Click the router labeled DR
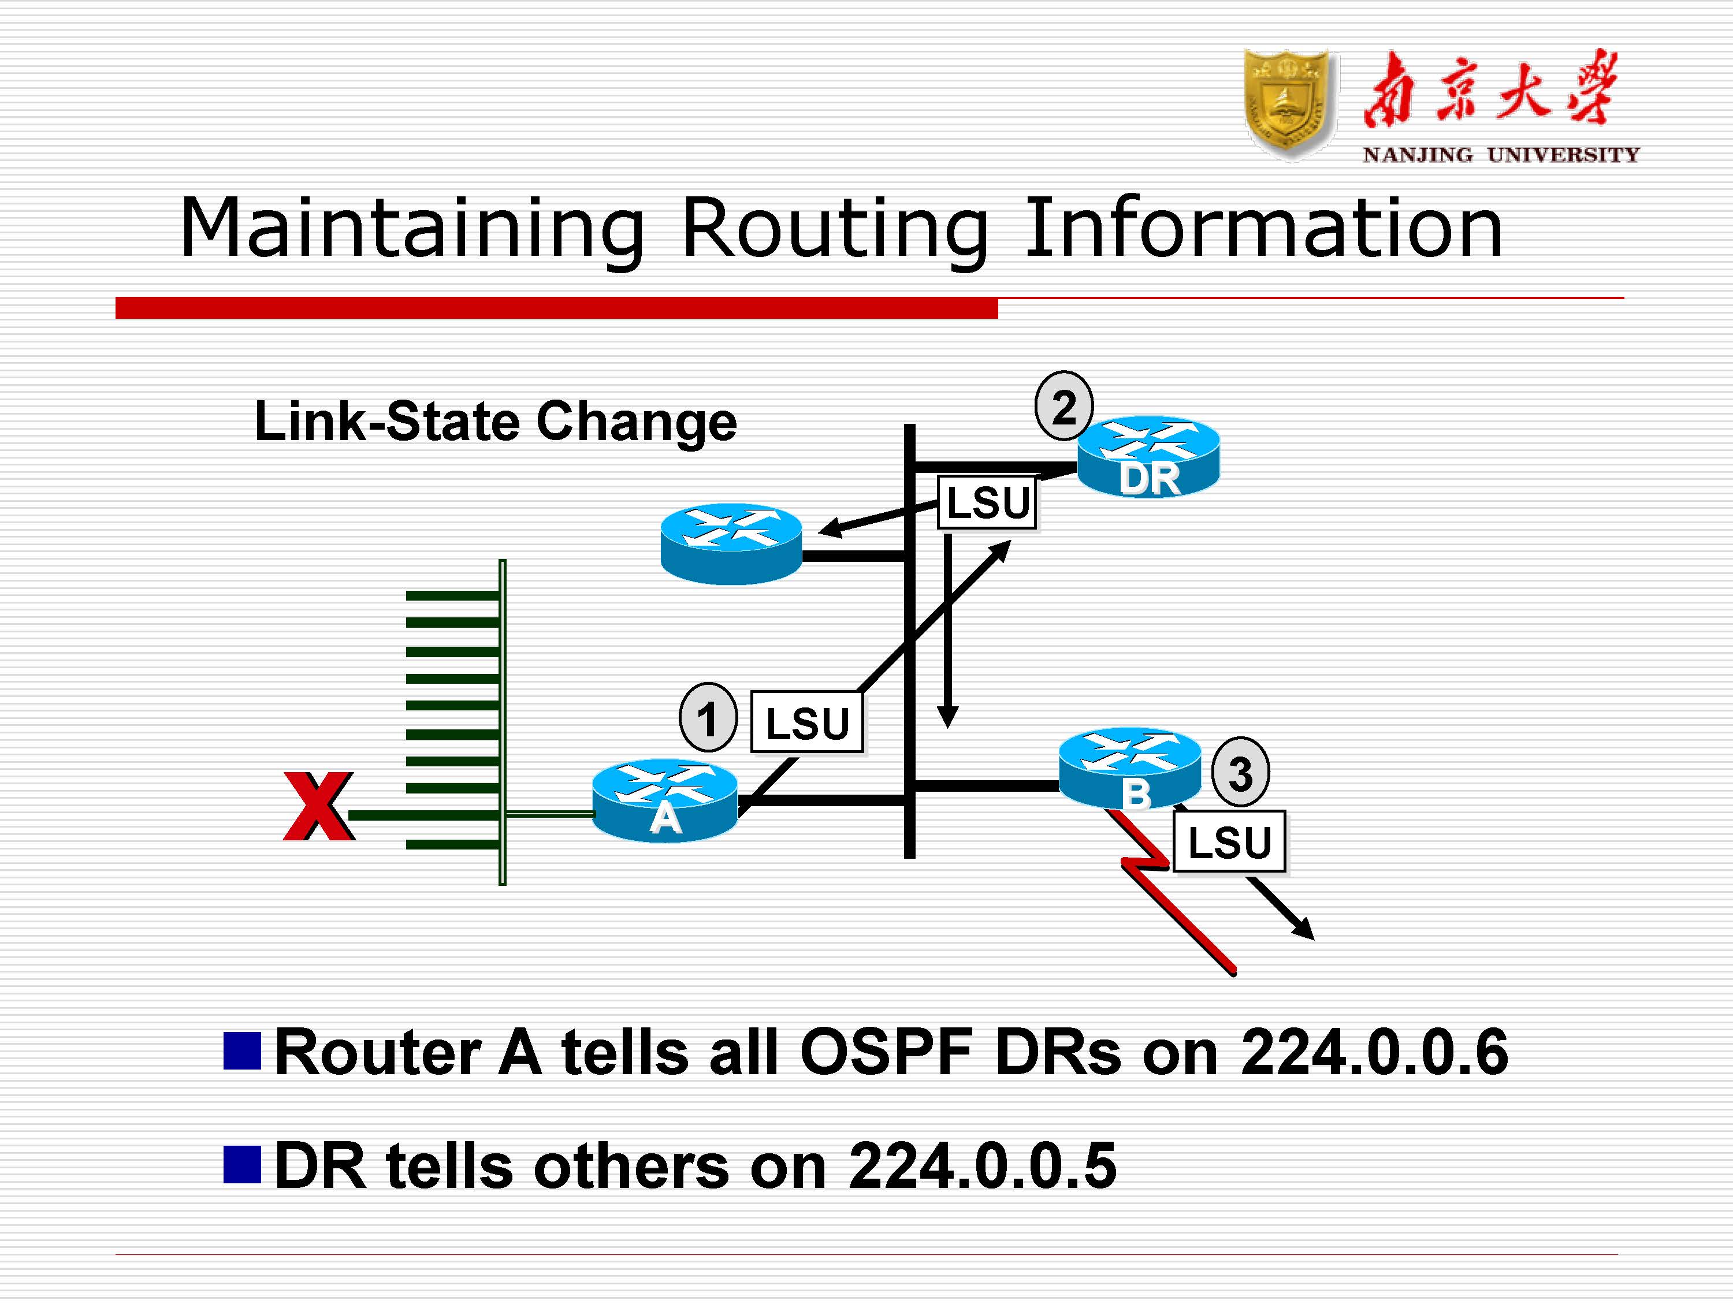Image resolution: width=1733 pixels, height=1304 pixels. pyautogui.click(x=1148, y=457)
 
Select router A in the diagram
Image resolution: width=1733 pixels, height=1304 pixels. pyautogui.click(x=664, y=800)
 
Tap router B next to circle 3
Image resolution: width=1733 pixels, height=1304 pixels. pyautogui.click(x=1129, y=768)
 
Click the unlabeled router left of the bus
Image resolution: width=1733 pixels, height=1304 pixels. pyautogui.click(x=731, y=543)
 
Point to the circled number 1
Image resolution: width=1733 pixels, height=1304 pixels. pyautogui.click(x=708, y=717)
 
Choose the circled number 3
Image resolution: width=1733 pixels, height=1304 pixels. pyautogui.click(x=1240, y=772)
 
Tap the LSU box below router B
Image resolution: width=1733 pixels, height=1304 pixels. pyautogui.click(x=1229, y=842)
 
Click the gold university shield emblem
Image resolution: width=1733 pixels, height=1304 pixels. pyautogui.click(x=1289, y=103)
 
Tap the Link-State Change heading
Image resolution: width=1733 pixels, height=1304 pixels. pyautogui.click(x=495, y=422)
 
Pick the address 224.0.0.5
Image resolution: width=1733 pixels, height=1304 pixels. pyautogui.click(x=983, y=1166)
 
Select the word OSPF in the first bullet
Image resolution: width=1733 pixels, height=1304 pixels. pyautogui.click(x=886, y=1052)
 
